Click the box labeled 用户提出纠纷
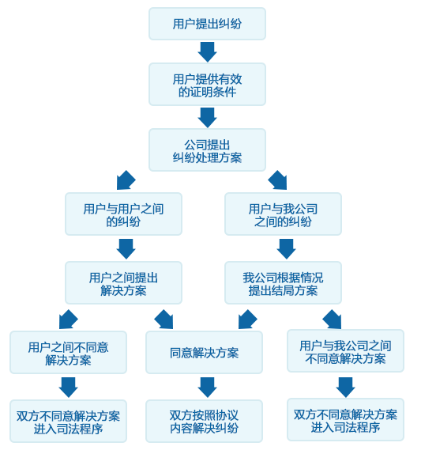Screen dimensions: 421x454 click(207, 24)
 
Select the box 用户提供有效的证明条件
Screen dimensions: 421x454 click(207, 85)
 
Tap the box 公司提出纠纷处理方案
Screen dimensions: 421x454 click(207, 150)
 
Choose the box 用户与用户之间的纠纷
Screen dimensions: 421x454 click(123, 214)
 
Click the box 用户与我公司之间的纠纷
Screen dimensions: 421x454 click(283, 214)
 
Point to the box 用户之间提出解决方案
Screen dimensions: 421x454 click(123, 283)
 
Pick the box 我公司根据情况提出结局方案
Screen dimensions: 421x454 click(283, 283)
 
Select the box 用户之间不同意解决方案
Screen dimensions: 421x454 click(68, 353)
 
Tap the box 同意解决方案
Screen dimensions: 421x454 click(204, 353)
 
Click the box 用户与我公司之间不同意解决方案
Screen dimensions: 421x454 click(345, 350)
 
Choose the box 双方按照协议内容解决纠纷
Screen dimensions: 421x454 click(204, 422)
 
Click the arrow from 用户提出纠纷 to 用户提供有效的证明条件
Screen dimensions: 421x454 click(207, 52)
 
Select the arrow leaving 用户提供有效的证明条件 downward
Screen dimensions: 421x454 click(207, 118)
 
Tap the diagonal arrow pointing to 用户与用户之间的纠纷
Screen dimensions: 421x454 click(126, 180)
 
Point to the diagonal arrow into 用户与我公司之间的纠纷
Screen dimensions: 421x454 click(278, 180)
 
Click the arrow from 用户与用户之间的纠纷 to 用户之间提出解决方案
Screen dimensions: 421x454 click(126, 249)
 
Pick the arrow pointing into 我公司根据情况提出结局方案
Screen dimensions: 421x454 click(286, 249)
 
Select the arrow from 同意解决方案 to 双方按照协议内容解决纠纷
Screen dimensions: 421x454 click(207, 388)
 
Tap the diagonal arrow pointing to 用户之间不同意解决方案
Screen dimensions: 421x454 click(68, 320)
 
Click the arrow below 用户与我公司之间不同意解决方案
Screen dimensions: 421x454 click(345, 388)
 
